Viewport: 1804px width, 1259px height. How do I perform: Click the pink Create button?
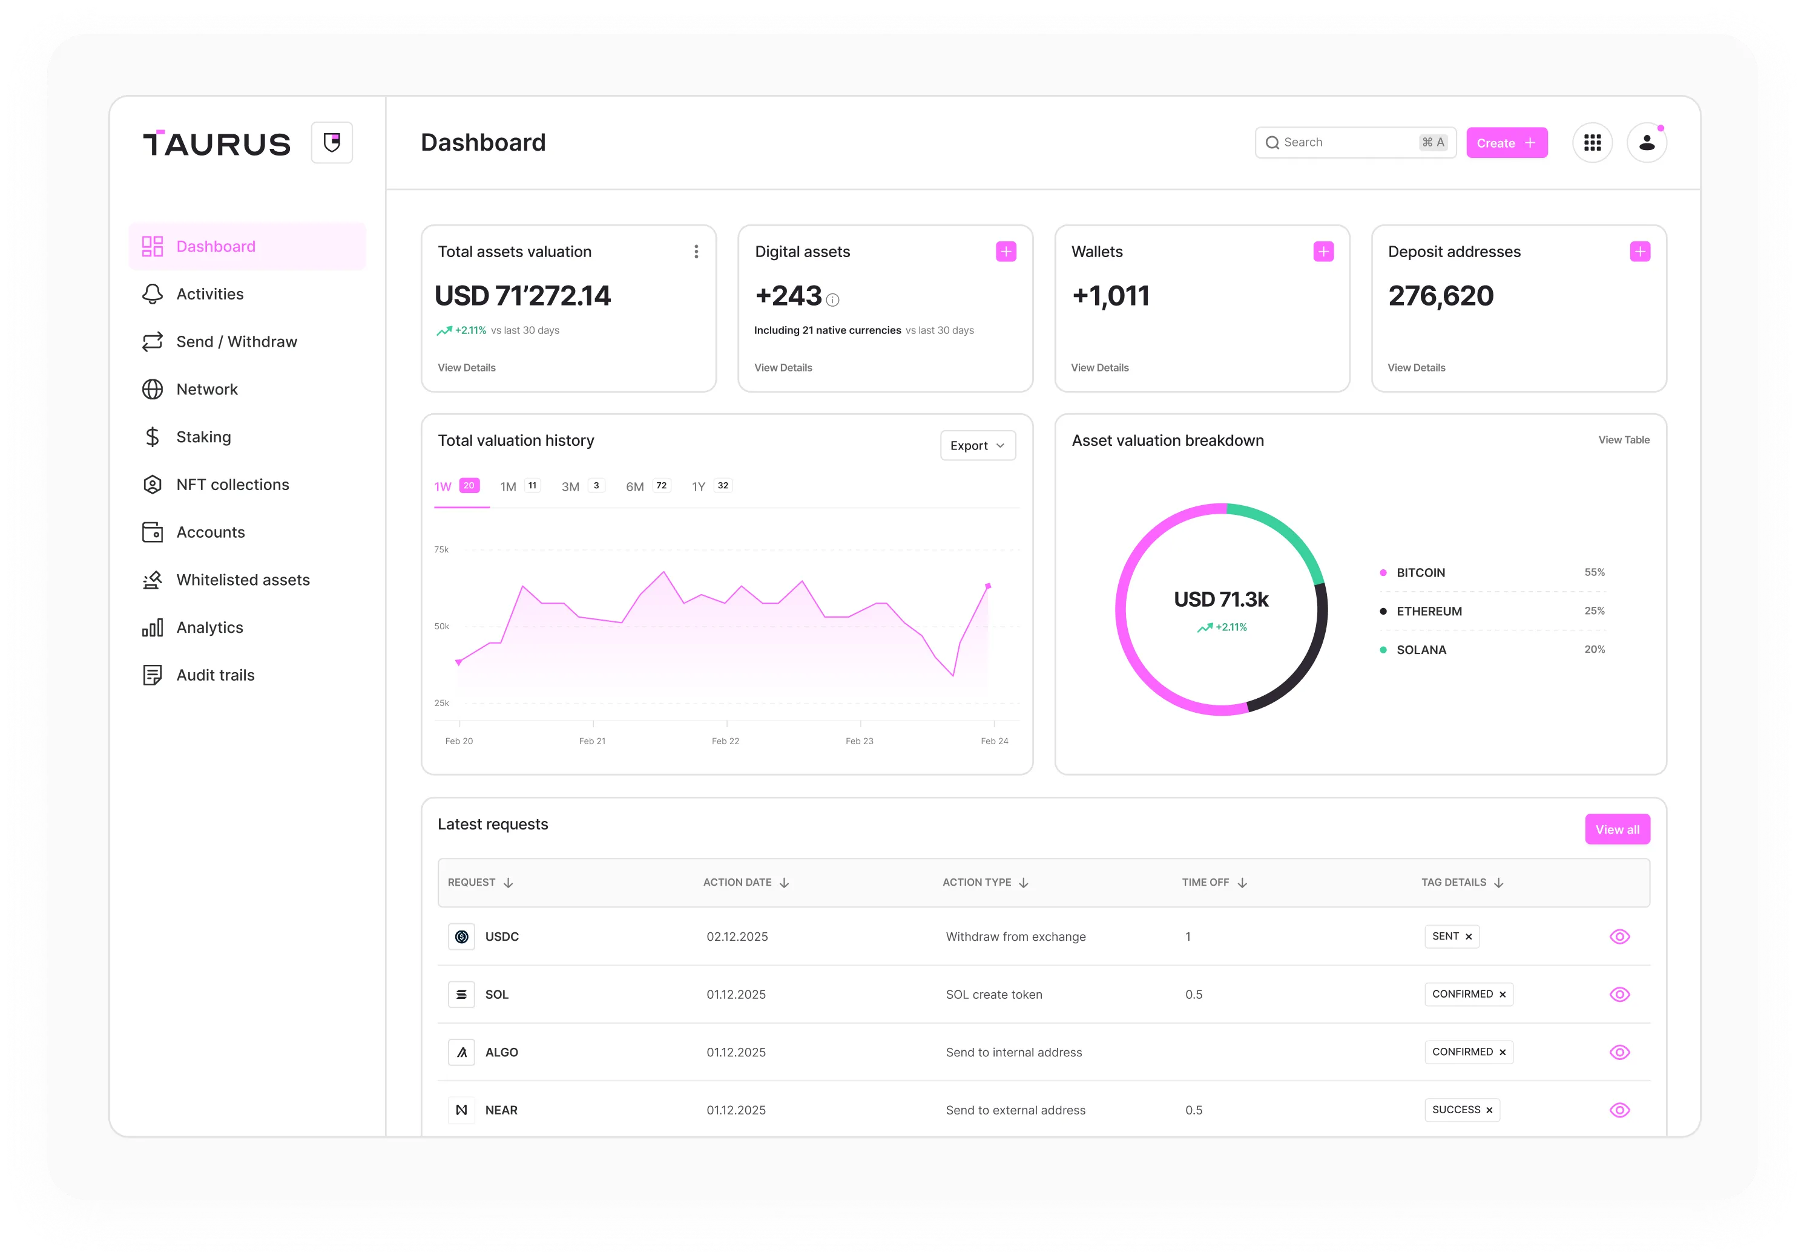1506,143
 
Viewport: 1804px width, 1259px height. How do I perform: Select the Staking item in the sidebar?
203,437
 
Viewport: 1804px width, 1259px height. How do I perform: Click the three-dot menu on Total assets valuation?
696,251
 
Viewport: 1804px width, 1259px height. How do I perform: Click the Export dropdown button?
978,445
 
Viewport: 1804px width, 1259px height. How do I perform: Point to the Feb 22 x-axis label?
725,741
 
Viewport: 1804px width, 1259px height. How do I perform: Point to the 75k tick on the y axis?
441,549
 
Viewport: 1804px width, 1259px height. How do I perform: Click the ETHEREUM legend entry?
1429,611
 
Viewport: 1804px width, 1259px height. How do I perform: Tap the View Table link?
1623,440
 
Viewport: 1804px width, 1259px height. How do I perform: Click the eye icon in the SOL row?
1619,995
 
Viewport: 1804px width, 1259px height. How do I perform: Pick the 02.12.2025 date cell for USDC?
737,936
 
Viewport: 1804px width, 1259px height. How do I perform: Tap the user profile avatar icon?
1646,143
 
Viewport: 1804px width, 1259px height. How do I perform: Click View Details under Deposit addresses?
1416,368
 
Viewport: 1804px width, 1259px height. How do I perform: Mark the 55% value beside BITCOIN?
1594,572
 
